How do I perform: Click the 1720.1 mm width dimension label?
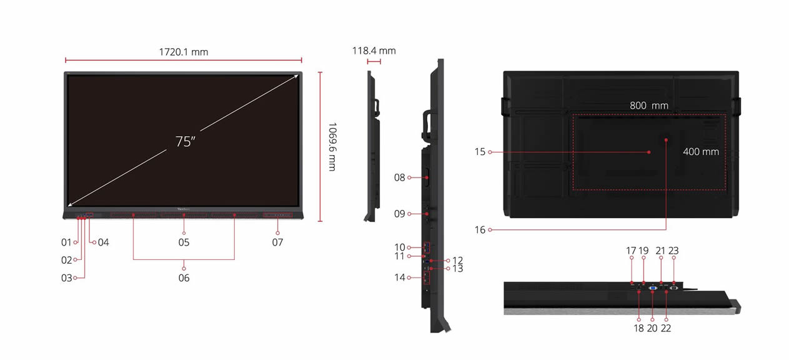(x=184, y=52)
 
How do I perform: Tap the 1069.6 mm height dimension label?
(x=332, y=146)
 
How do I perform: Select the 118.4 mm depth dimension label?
(x=374, y=51)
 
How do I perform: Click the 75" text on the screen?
(x=186, y=141)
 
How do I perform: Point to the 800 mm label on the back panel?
(x=649, y=106)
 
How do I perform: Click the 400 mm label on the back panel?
(x=701, y=151)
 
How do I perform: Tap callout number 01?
(x=66, y=242)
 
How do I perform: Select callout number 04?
(x=104, y=242)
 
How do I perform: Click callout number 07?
(x=277, y=242)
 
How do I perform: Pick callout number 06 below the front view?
(x=184, y=278)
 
